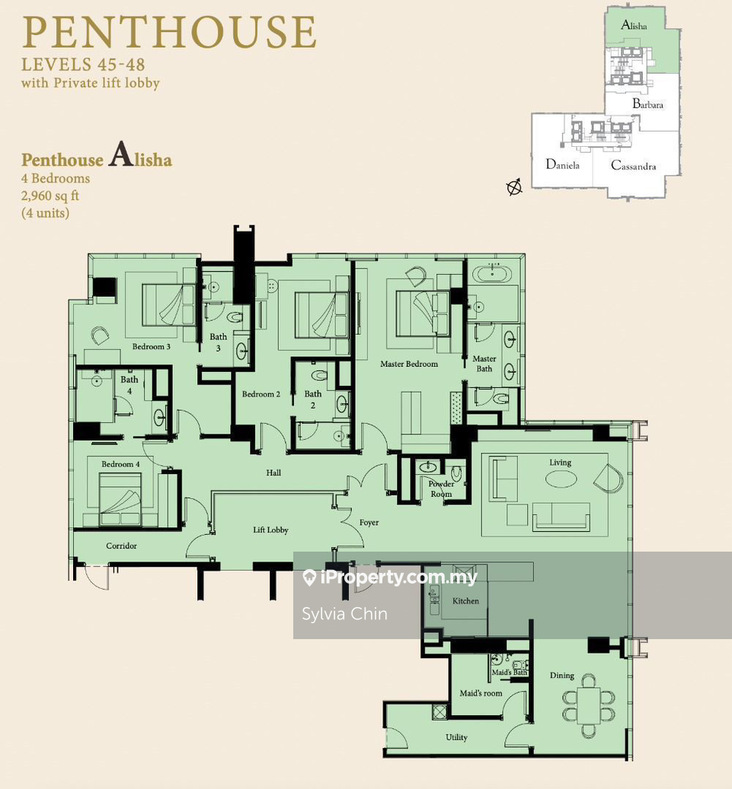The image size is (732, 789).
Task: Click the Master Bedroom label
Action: coord(408,364)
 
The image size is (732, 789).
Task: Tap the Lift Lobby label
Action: coord(270,530)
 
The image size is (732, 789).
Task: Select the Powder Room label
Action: coord(441,488)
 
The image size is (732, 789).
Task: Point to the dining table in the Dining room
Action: coord(589,705)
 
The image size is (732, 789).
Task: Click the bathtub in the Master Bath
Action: coord(492,274)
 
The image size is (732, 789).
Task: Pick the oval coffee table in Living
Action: coord(561,479)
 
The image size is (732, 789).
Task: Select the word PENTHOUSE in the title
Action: coord(169,32)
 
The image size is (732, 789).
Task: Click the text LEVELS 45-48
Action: coord(83,65)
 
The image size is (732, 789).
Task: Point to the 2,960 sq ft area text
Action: coord(50,196)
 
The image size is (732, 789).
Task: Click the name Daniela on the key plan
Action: coord(562,164)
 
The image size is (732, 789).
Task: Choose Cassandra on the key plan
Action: coord(633,166)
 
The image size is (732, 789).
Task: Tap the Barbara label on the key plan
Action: coord(648,104)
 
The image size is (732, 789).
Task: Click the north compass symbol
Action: coord(514,186)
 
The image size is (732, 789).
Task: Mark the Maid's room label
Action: coord(481,693)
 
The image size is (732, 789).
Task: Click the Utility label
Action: coord(456,737)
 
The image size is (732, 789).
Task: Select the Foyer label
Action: coord(369,522)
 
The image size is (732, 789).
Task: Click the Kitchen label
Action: coord(465,601)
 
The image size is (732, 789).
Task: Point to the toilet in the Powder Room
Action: coord(456,472)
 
